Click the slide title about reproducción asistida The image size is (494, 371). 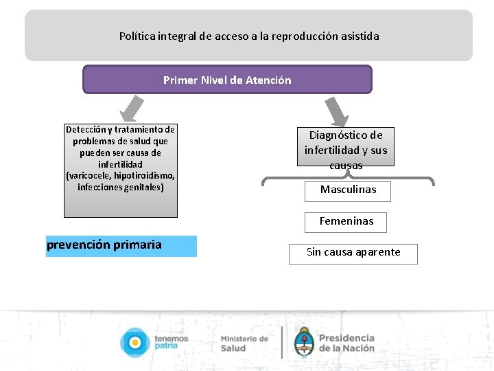pos(248,36)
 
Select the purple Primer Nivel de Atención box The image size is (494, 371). pos(227,80)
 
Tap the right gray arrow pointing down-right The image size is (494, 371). pos(337,110)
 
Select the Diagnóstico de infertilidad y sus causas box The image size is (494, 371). pos(346,147)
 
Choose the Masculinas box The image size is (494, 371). pos(348,190)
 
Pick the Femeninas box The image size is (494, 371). pos(346,222)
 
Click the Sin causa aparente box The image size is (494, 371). pos(353,253)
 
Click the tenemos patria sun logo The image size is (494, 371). pos(134,342)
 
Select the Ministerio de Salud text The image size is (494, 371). pos(244,343)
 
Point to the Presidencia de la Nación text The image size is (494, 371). pos(346,342)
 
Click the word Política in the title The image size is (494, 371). pos(136,36)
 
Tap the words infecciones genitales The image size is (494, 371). pos(121,188)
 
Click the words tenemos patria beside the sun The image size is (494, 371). pos(171,342)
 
